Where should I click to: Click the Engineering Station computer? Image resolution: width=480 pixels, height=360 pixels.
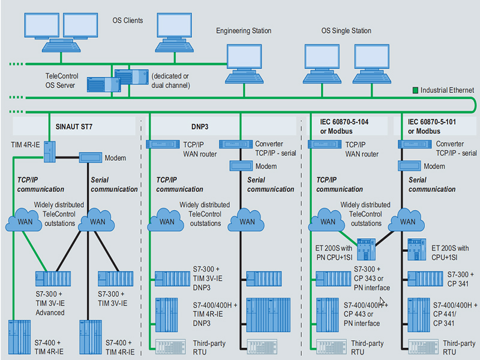(244, 64)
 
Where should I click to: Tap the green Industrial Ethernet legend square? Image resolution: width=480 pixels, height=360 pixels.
(415, 91)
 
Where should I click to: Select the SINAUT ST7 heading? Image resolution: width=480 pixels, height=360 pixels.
(74, 127)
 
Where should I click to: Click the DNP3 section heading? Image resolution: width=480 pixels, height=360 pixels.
(200, 127)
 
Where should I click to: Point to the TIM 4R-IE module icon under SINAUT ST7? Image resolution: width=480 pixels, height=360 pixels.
(50, 152)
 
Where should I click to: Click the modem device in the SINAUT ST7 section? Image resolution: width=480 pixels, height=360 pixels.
(91, 157)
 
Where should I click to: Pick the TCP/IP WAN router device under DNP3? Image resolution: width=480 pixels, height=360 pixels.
(163, 144)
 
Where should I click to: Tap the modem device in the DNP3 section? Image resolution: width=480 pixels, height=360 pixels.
(241, 166)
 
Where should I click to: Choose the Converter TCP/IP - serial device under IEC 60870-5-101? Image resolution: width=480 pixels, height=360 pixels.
(415, 144)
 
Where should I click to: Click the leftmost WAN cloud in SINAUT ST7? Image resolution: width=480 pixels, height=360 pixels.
(24, 220)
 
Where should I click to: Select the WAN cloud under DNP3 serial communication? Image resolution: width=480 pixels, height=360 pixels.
(246, 220)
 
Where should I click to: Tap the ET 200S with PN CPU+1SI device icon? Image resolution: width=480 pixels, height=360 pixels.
(367, 250)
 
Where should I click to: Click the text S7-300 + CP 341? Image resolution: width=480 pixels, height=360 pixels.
(460, 279)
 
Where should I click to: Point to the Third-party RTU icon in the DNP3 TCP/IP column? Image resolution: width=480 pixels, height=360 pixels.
(170, 347)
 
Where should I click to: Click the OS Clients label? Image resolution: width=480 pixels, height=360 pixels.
(128, 20)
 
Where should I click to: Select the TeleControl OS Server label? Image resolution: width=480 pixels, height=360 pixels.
(62, 80)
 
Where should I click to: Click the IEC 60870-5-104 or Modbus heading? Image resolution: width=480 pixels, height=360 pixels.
(344, 127)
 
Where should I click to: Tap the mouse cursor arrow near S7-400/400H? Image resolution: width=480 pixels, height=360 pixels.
(382, 301)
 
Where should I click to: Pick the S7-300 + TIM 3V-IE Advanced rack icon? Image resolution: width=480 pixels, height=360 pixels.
(53, 278)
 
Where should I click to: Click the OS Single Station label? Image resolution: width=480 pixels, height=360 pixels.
(346, 31)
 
